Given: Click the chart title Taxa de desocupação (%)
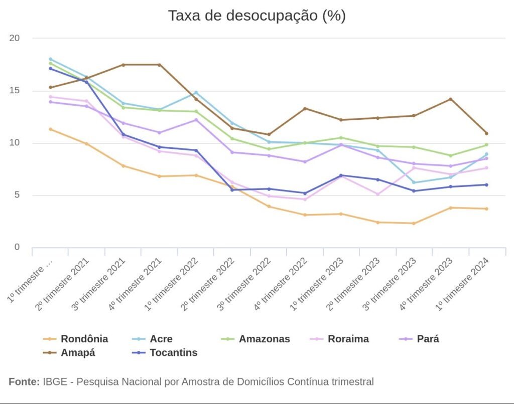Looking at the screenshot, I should (x=256, y=16).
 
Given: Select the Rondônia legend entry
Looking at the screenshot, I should (x=84, y=339).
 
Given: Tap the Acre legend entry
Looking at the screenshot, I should (x=161, y=339).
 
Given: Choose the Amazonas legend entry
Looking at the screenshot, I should (x=264, y=339).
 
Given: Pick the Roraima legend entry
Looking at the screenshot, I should (x=348, y=339).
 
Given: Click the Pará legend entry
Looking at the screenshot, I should (x=428, y=339).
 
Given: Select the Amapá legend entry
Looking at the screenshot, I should (x=78, y=352).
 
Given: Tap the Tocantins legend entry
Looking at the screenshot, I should (x=173, y=352).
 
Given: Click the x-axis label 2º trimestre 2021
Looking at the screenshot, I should (x=66, y=283).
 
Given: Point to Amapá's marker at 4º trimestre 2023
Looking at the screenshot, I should (x=450, y=99).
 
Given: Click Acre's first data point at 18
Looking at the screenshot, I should (x=50, y=59).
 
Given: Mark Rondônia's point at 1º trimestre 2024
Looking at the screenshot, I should (x=486, y=209).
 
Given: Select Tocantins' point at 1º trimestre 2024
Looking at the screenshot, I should (x=486, y=184).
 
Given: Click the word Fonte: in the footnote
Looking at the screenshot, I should (x=24, y=382).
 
